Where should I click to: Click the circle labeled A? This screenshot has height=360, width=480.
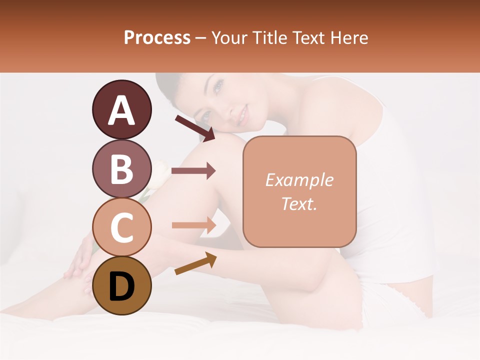121,109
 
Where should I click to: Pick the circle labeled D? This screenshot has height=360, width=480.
121,285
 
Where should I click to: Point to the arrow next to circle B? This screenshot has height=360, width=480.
193,171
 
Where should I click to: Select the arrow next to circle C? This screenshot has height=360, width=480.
193,225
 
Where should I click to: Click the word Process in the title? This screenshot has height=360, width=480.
157,38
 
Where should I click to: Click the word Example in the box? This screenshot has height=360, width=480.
299,180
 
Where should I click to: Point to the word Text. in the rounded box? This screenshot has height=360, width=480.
299,203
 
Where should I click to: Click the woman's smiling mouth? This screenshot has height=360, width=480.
242,117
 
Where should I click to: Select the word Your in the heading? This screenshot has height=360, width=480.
229,38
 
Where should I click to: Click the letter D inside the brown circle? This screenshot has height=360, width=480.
121,286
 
